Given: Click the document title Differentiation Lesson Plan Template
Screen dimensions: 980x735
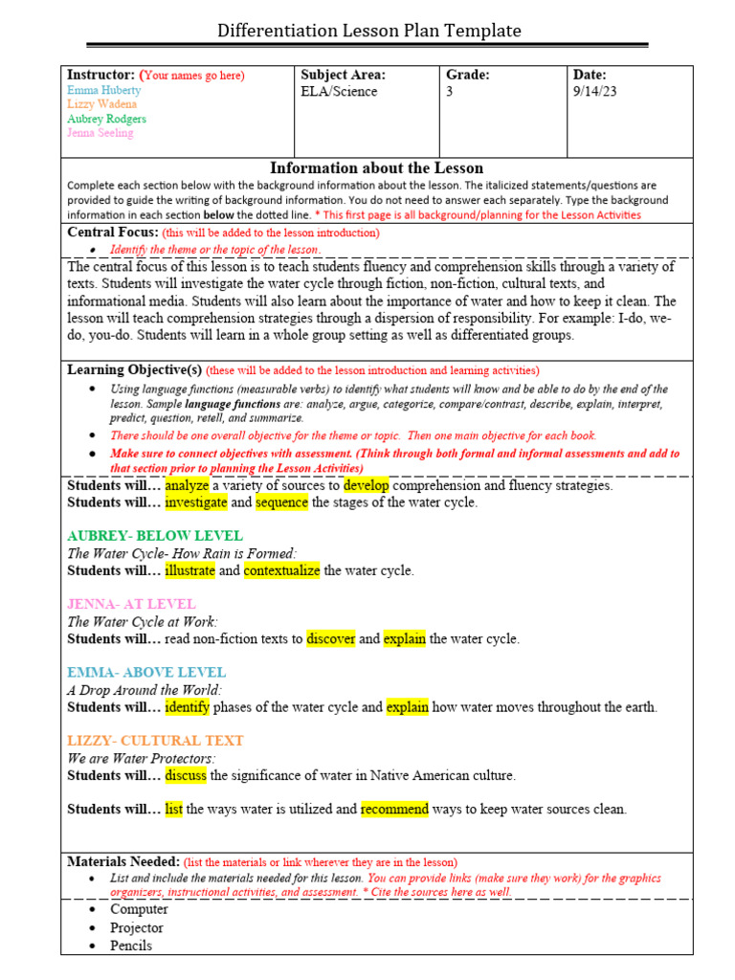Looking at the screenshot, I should (x=368, y=31).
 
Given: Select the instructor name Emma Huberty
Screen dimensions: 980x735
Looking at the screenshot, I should (x=103, y=90).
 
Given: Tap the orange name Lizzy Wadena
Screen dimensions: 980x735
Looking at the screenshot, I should (x=101, y=104).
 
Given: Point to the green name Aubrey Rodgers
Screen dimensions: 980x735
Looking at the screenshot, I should (x=106, y=119).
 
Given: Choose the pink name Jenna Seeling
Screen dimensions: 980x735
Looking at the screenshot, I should (x=100, y=133).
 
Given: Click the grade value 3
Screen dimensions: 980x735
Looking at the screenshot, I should (x=450, y=92).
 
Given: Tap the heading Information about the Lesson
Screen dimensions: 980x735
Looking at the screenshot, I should (x=376, y=168).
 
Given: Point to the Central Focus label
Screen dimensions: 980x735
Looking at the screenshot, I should (x=112, y=233).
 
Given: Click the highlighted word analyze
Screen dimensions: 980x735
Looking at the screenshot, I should (x=187, y=485).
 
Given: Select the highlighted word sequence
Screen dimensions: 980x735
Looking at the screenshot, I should (x=281, y=502).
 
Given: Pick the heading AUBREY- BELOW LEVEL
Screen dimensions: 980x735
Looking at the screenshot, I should (x=155, y=536).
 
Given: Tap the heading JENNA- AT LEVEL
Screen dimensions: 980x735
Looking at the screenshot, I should (x=131, y=604).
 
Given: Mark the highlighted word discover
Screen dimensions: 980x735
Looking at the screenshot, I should (x=331, y=638).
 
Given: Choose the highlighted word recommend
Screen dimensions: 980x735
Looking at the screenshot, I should (x=394, y=809).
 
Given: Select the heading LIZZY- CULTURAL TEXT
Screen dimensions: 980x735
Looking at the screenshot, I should (x=155, y=741).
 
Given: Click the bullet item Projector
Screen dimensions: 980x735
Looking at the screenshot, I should (x=137, y=927).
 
